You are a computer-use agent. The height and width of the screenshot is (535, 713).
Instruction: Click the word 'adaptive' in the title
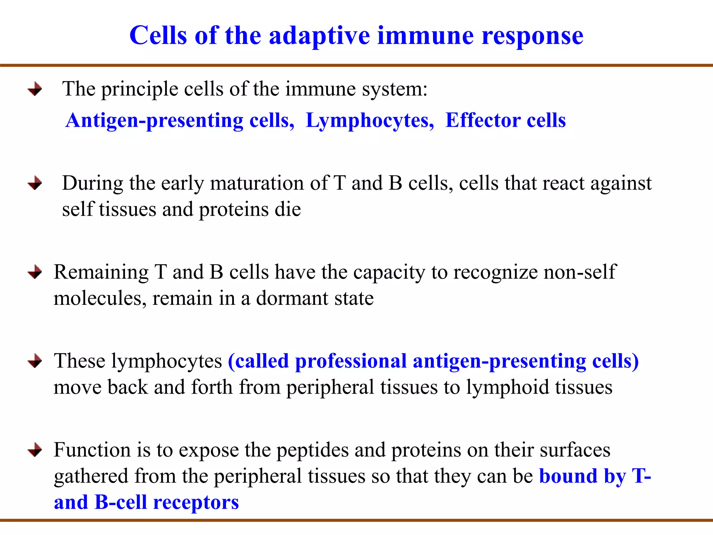point(319,36)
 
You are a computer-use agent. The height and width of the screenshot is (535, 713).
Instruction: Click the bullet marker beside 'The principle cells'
point(35,89)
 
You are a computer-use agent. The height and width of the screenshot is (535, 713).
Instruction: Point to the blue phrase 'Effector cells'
point(506,121)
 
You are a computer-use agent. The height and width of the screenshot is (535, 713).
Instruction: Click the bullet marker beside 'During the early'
point(35,183)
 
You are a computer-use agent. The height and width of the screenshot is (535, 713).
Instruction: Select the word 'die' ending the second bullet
point(288,209)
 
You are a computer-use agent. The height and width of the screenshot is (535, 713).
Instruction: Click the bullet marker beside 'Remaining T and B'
point(35,272)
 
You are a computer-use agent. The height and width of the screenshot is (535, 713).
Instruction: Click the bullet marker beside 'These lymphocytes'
point(35,361)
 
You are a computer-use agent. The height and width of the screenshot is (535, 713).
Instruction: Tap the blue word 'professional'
point(351,361)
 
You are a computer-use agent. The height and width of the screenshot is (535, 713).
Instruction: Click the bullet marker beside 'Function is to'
point(35,450)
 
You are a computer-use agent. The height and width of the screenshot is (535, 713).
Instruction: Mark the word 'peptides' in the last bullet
point(312,450)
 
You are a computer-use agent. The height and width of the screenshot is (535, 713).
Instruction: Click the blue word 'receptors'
point(196,503)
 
